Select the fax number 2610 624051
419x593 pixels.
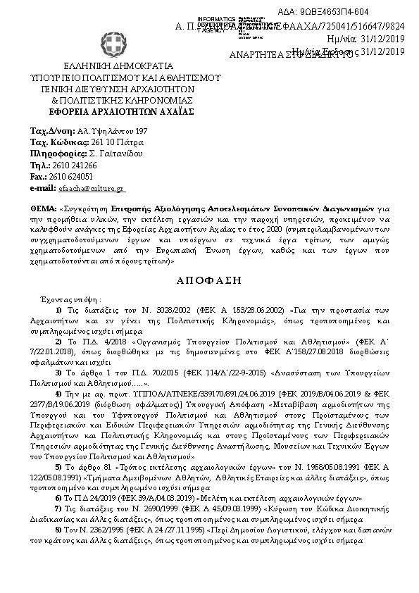tap(73, 176)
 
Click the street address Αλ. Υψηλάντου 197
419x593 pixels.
tap(113, 131)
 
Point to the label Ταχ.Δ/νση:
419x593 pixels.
tap(54, 131)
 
